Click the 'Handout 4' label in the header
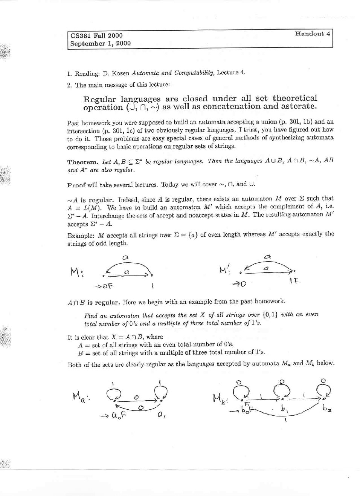point(313,34)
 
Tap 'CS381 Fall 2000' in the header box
point(96,35)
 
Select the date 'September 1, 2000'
point(101,43)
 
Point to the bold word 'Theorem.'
point(83,162)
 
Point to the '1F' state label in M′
point(294,281)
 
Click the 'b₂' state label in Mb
point(326,409)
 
